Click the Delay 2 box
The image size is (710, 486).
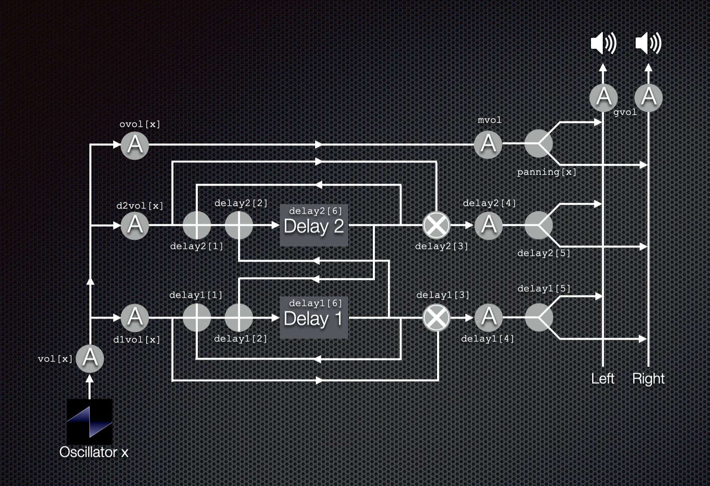point(314,225)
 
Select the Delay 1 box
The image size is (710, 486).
point(314,317)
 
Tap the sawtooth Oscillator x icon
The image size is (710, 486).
point(90,421)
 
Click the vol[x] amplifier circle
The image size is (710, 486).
point(90,358)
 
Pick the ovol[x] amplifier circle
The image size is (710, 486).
point(135,145)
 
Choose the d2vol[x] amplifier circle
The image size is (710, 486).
point(135,225)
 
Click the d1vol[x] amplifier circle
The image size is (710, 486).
point(135,317)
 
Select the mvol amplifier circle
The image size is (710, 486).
point(488,144)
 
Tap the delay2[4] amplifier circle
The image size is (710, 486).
point(489,225)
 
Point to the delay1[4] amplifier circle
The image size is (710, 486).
point(489,317)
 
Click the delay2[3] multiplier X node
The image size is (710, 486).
point(436,225)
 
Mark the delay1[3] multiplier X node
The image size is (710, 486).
point(436,317)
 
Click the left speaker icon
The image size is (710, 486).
point(604,43)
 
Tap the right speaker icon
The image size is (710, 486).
point(648,43)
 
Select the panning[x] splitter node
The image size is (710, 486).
point(539,143)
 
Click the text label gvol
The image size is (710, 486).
point(625,112)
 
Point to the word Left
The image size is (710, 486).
point(603,379)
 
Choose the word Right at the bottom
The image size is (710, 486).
point(648,379)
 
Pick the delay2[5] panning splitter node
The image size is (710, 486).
point(539,225)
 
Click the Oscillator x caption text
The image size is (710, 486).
point(94,452)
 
